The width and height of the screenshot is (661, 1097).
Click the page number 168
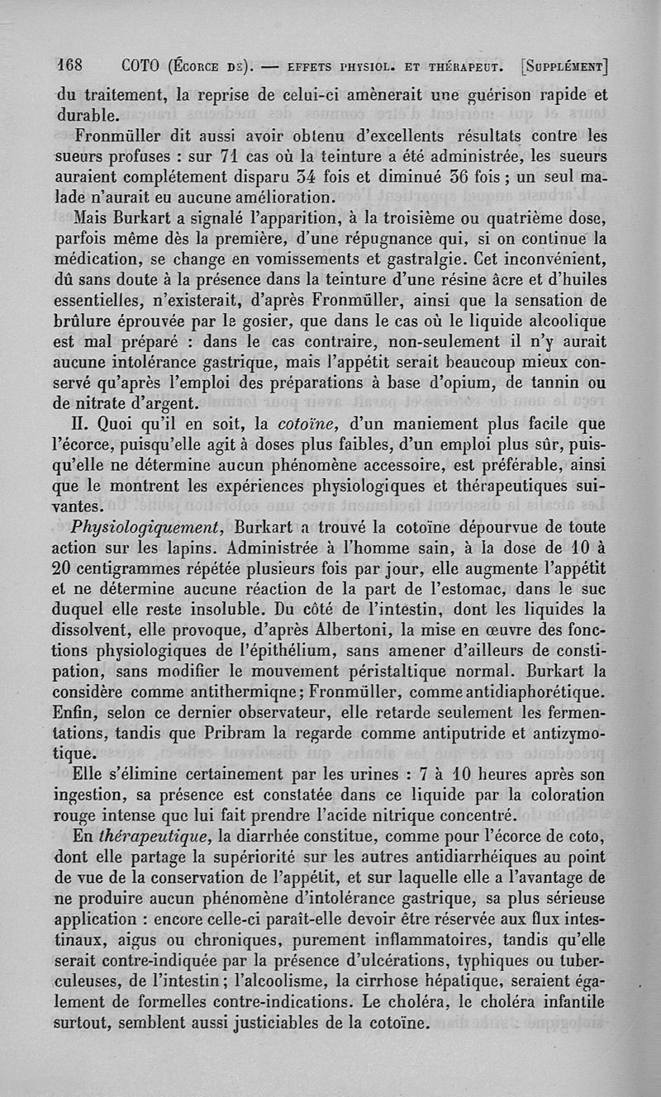click(73, 64)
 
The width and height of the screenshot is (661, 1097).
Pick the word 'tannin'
click(562, 382)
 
